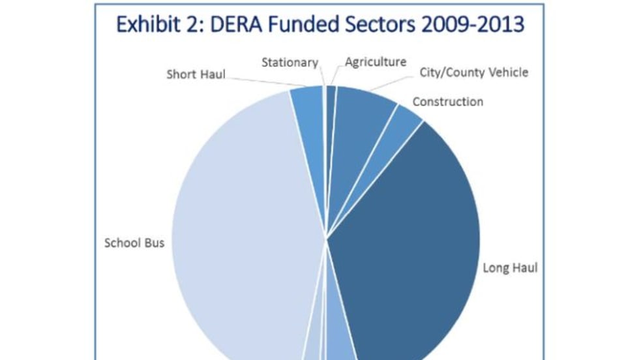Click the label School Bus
(x=134, y=243)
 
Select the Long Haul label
(x=510, y=268)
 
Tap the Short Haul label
(x=196, y=74)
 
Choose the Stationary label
(x=290, y=63)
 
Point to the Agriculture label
(x=376, y=63)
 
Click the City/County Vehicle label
(x=473, y=72)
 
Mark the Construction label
(x=448, y=102)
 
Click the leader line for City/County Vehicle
(x=391, y=82)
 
